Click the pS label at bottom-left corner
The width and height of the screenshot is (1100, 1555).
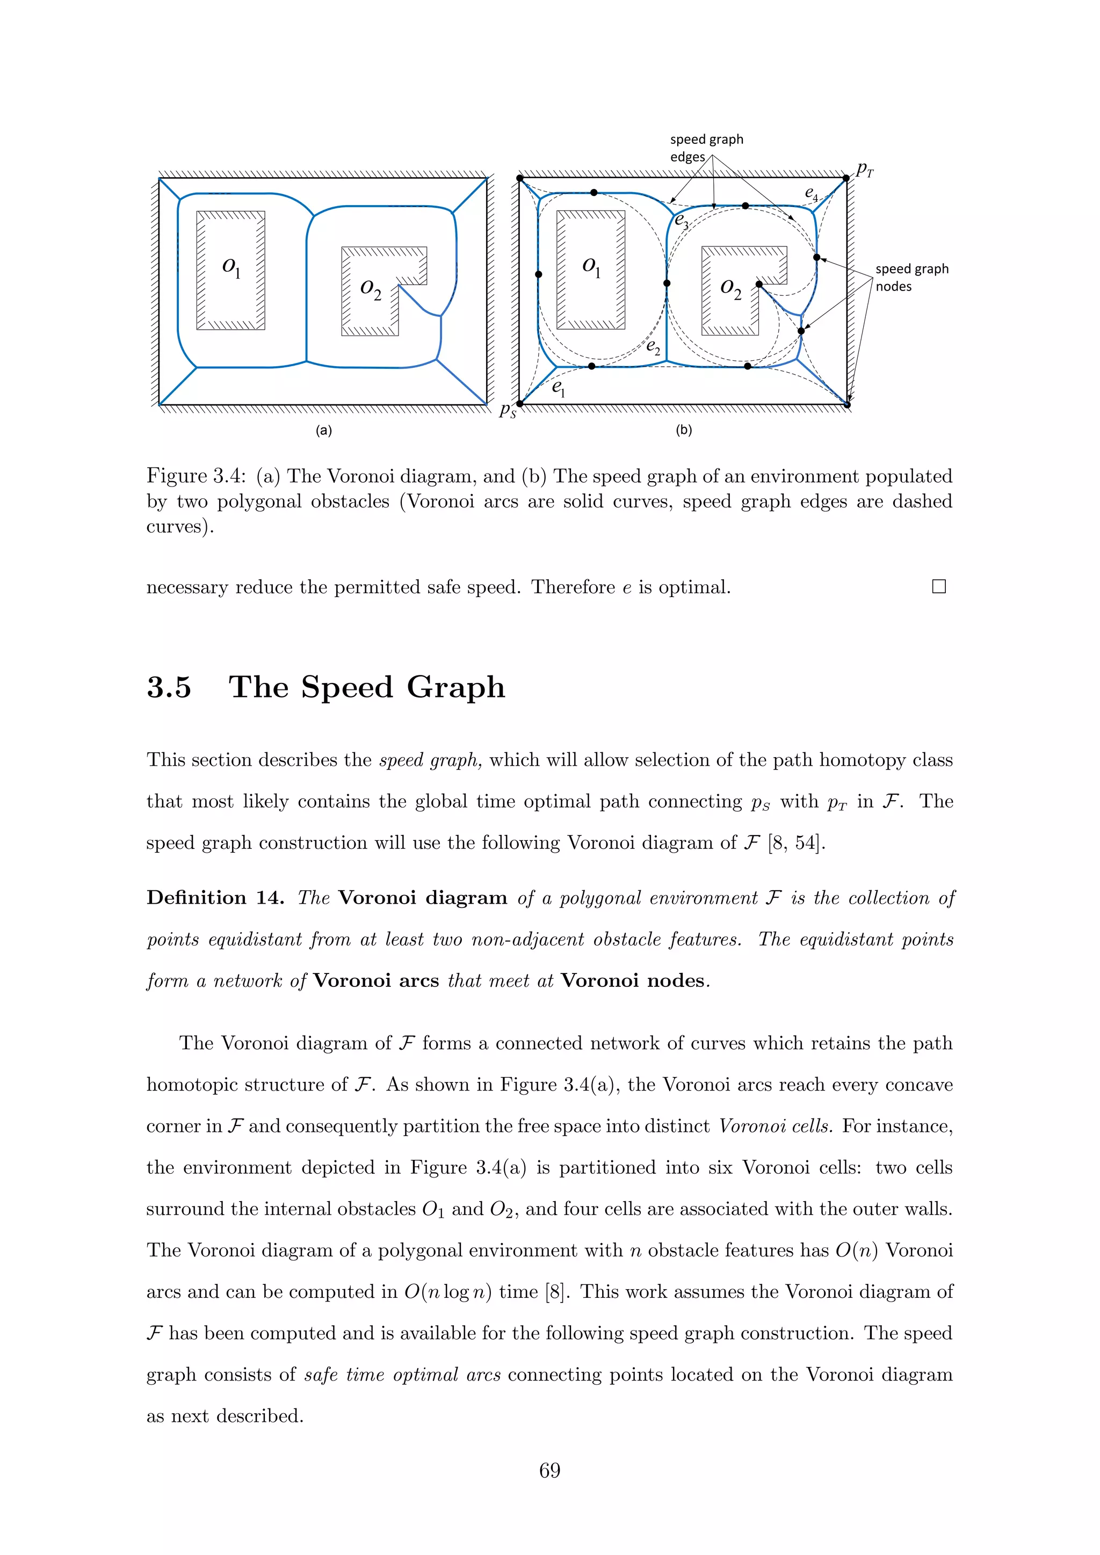508,410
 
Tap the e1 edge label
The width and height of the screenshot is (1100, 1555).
558,388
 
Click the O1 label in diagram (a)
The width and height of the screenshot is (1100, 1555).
231,267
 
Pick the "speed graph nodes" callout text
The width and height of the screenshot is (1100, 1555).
911,278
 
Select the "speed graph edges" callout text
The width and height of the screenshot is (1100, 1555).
706,148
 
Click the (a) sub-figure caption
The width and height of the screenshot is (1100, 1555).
324,430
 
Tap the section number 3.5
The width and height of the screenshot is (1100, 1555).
169,687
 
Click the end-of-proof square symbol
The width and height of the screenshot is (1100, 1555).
938,586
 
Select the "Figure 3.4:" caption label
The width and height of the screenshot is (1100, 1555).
196,476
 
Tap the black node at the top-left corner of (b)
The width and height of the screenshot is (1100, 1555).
519,178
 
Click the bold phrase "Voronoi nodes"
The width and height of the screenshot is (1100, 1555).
633,980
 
